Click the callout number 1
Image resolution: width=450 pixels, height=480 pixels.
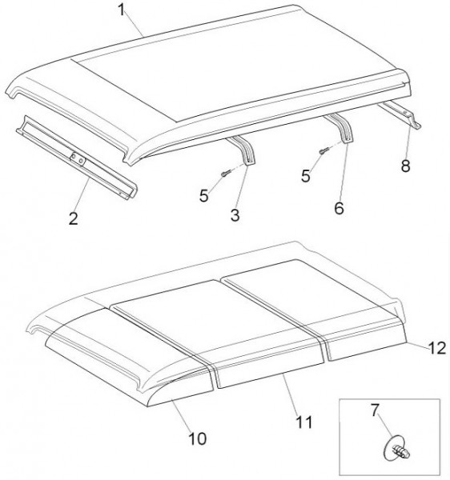coord(122,10)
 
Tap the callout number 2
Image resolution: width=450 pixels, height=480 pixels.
coord(74,218)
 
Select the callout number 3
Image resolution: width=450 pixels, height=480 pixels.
coord(235,215)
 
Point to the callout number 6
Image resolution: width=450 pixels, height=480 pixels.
coord(339,208)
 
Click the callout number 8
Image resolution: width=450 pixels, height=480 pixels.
coord(406,166)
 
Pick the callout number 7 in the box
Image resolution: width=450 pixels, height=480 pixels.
coord(376,410)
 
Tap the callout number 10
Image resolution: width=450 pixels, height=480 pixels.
coord(198,438)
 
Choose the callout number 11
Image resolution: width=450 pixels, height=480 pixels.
coord(304,422)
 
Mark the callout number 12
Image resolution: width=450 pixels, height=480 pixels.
coord(437,348)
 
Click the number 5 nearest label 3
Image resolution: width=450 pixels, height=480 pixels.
coord(203,196)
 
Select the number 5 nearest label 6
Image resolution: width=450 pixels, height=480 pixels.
coord(306,176)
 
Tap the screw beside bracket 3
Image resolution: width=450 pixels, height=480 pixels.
coord(224,174)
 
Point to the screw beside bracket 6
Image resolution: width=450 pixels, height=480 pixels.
coord(323,151)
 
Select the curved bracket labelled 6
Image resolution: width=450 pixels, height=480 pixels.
coord(342,127)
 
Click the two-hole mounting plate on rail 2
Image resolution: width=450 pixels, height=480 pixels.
coord(78,159)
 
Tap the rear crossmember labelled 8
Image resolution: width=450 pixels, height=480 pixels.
coord(400,114)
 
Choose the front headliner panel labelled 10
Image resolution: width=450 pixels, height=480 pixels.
coord(129,358)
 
